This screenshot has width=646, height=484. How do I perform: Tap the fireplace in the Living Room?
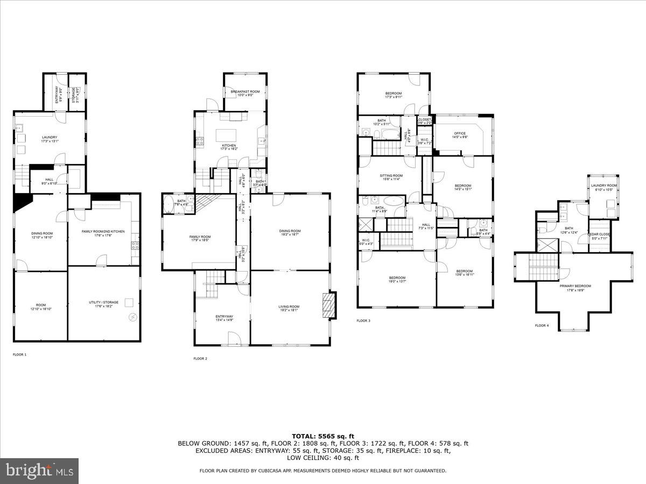(x=328, y=306)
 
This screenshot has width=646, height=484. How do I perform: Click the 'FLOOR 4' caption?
(x=542, y=325)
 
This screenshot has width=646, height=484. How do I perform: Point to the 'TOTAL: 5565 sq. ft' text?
(x=323, y=436)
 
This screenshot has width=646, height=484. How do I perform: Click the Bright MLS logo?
(x=39, y=471)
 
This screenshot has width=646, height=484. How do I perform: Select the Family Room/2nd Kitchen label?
(x=103, y=233)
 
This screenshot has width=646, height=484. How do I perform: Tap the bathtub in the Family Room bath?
(x=167, y=205)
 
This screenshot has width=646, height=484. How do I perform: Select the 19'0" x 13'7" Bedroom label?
(x=397, y=280)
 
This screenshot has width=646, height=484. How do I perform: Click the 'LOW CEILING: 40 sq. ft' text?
(x=323, y=458)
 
